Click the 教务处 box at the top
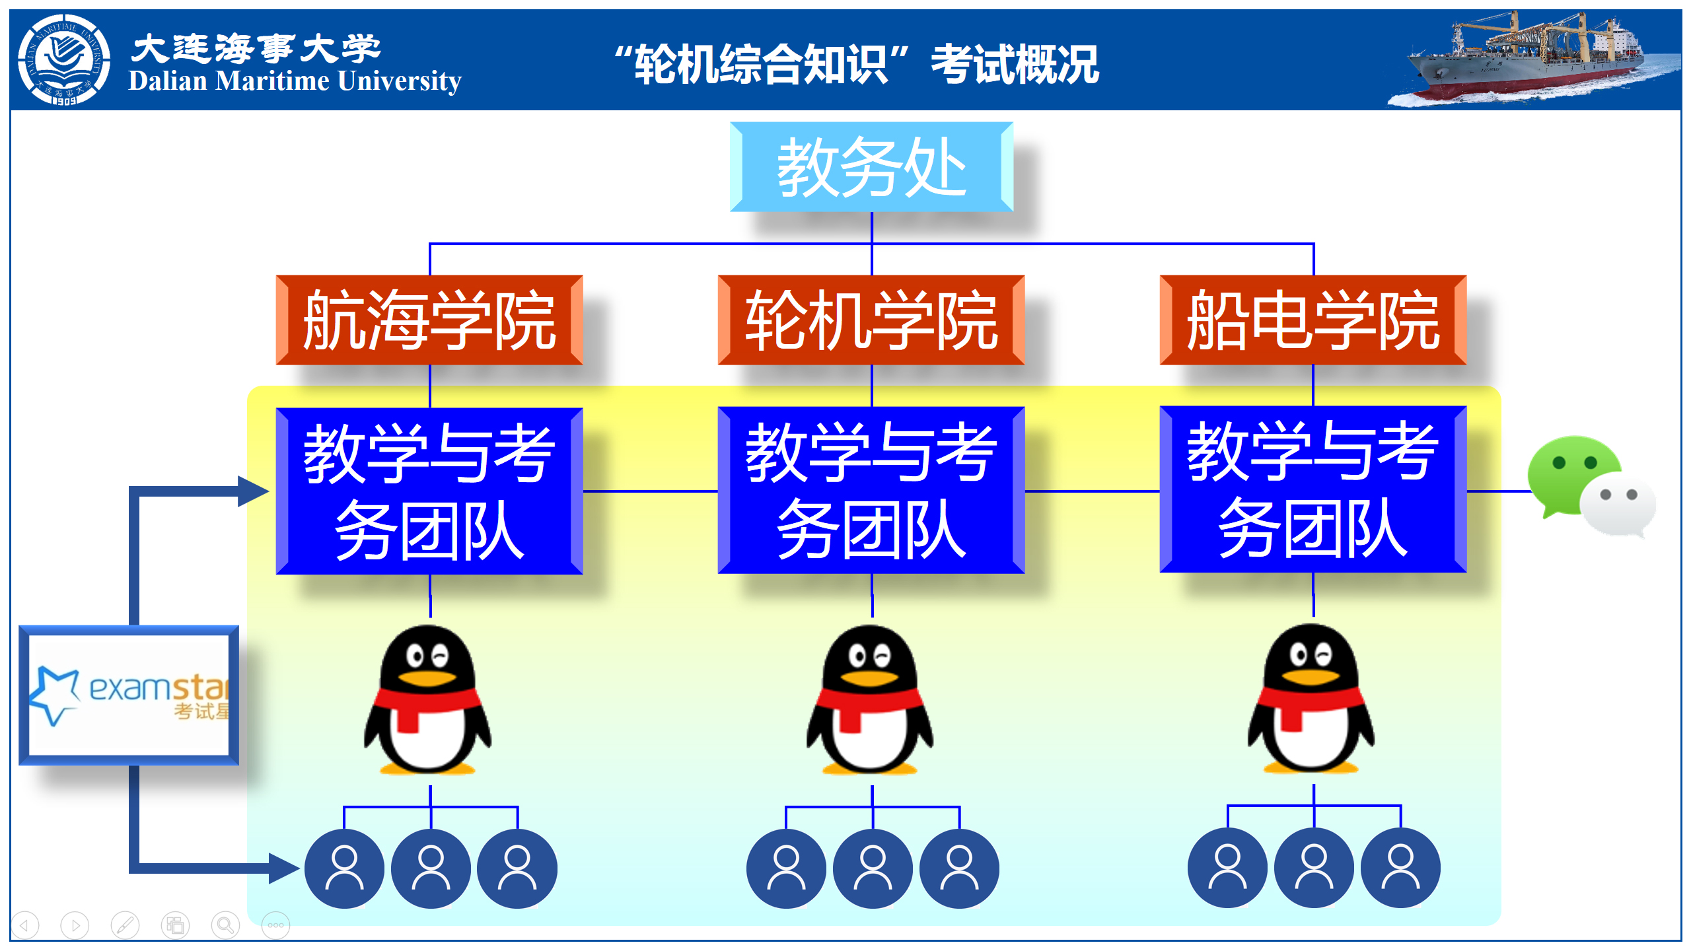[x=871, y=167]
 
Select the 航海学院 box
[x=429, y=320]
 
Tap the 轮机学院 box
[x=871, y=320]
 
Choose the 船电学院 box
[x=1313, y=320]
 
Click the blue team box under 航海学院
[x=429, y=491]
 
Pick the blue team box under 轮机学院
[x=871, y=490]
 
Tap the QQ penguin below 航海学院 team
[x=428, y=700]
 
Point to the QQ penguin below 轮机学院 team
[x=870, y=700]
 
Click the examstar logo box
[x=129, y=695]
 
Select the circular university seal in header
[x=64, y=59]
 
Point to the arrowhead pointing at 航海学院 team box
[x=254, y=491]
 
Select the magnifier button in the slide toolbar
[x=225, y=925]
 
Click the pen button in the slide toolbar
[x=125, y=925]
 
